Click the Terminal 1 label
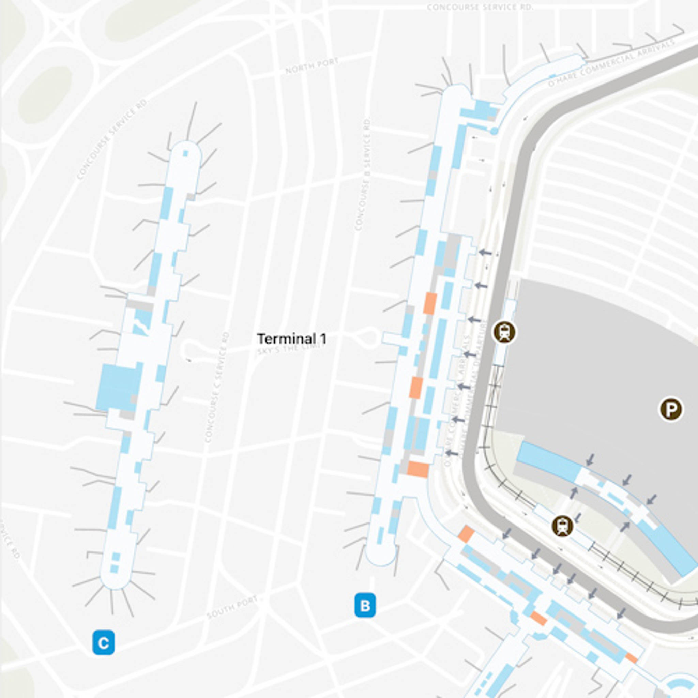click(x=291, y=339)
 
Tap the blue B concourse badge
click(x=365, y=606)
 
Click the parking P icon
click(x=671, y=409)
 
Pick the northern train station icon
click(x=505, y=332)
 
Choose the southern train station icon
click(x=562, y=526)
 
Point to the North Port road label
click(x=312, y=66)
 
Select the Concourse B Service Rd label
click(x=363, y=173)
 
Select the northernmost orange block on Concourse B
click(x=430, y=303)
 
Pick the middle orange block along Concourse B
click(x=415, y=388)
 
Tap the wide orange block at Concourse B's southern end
click(x=418, y=469)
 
